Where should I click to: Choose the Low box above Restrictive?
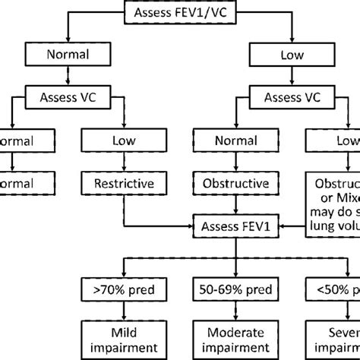click(119, 140)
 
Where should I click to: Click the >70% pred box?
click(119, 289)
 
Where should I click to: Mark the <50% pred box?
click(335, 289)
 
